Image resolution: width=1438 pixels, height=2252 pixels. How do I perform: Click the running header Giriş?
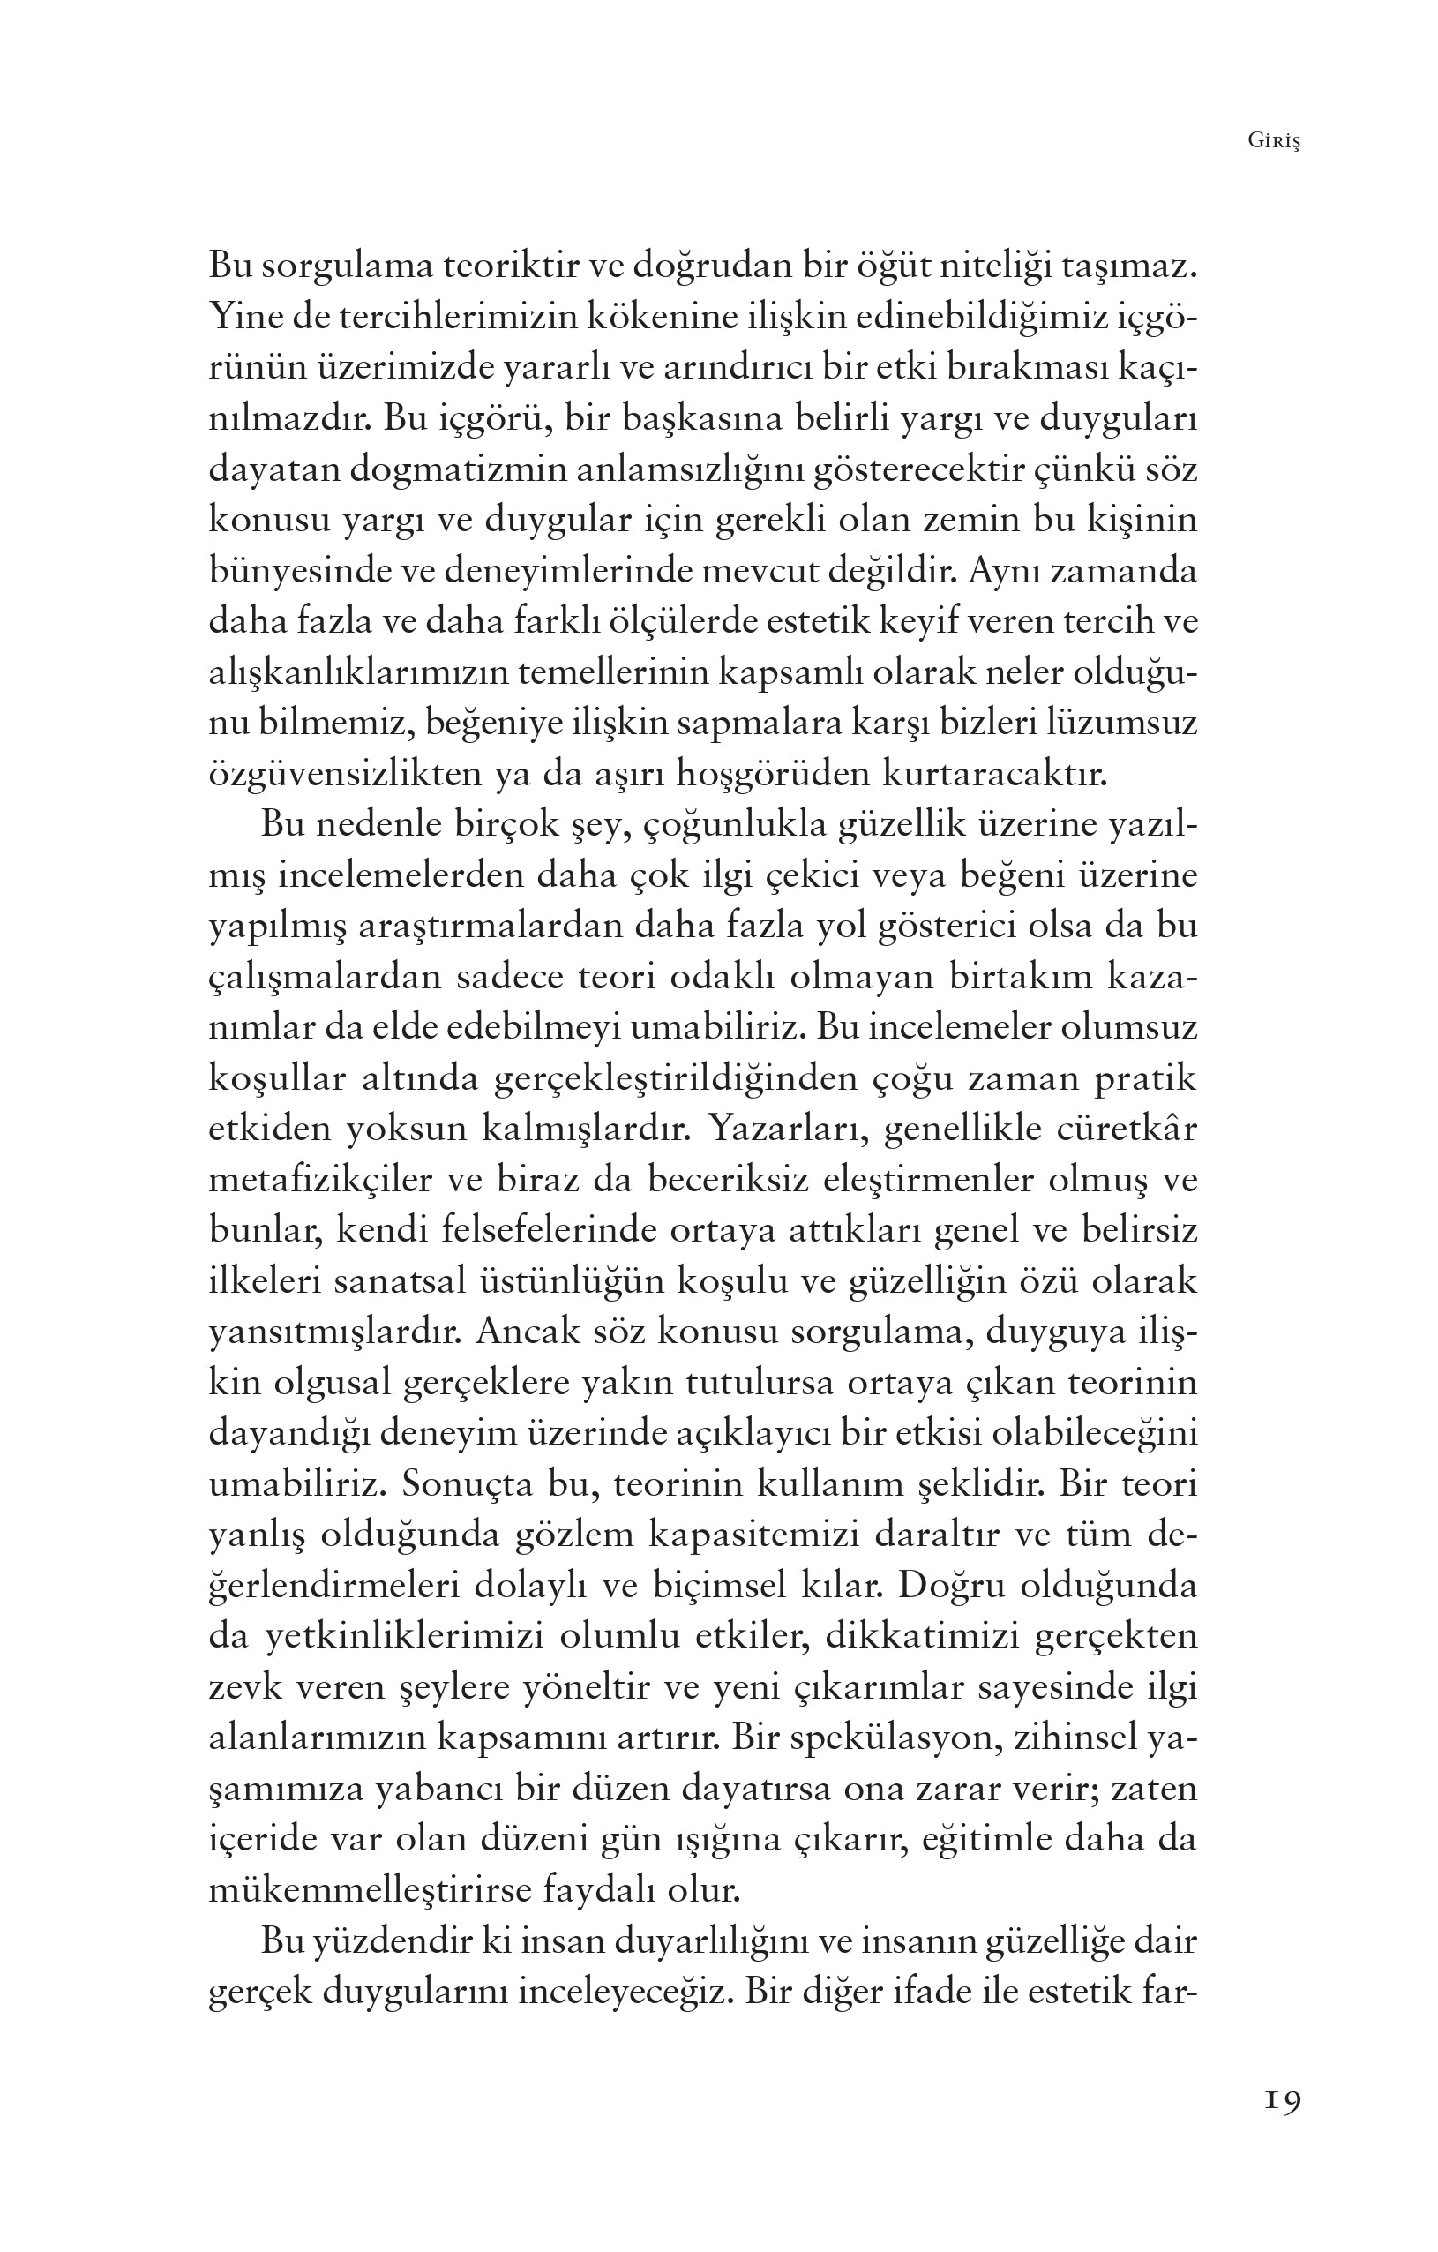click(x=1273, y=141)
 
